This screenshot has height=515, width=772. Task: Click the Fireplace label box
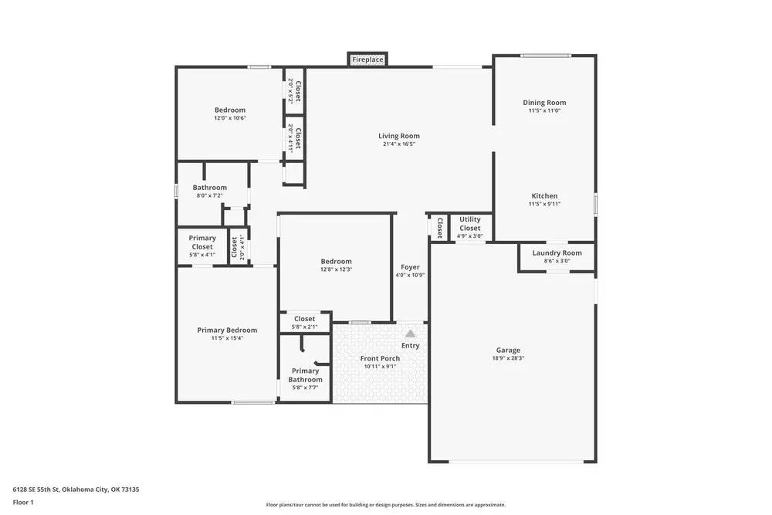click(x=367, y=59)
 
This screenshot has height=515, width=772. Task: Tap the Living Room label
click(x=399, y=136)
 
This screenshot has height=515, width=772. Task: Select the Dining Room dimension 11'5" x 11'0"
click(x=544, y=110)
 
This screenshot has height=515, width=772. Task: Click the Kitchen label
click(x=544, y=196)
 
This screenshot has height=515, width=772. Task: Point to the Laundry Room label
click(x=557, y=252)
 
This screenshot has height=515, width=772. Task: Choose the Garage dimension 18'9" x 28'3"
click(x=508, y=358)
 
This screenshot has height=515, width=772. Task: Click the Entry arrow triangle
click(x=410, y=334)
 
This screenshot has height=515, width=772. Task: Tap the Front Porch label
click(x=380, y=358)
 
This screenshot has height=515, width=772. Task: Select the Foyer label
click(x=410, y=267)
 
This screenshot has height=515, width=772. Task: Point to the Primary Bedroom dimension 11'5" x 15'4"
click(x=227, y=338)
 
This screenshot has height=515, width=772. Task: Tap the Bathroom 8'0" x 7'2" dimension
click(x=210, y=195)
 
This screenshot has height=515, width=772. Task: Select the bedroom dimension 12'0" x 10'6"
click(x=230, y=118)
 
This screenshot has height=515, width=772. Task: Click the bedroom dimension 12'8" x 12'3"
click(x=335, y=269)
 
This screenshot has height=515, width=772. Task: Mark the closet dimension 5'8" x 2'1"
click(x=304, y=327)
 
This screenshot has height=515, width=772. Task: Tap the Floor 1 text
click(x=24, y=502)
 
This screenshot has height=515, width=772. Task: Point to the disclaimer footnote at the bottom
click(x=385, y=504)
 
